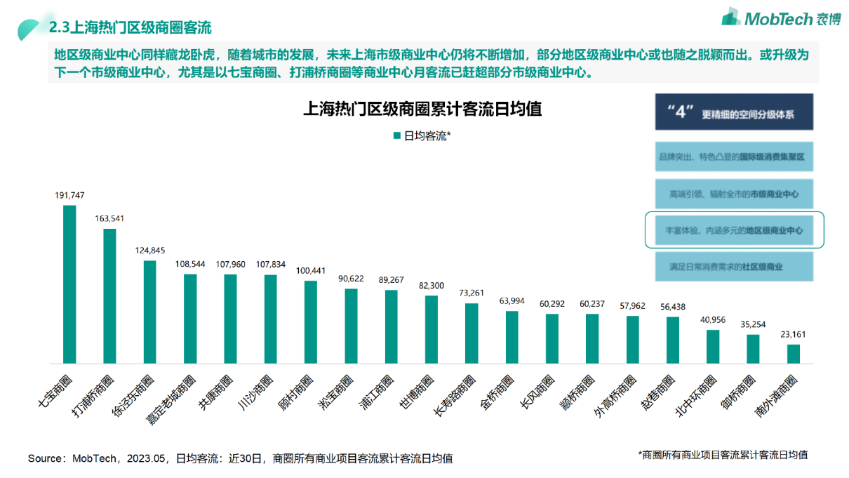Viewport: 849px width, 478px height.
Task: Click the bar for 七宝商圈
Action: [69, 284]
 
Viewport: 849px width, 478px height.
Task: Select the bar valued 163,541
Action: [109, 296]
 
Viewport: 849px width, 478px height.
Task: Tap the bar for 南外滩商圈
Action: [793, 354]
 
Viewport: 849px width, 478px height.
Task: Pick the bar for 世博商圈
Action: [432, 329]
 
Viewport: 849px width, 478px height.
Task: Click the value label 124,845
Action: [150, 251]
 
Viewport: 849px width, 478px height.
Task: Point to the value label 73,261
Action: [472, 293]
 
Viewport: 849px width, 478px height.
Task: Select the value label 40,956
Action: [713, 320]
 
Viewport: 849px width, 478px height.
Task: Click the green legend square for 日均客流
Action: [396, 135]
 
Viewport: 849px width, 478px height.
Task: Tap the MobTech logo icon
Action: [731, 17]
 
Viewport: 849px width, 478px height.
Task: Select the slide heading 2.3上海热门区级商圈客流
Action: [131, 28]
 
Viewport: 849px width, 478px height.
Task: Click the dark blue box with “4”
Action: [734, 112]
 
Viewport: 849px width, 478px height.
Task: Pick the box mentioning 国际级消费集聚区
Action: [734, 157]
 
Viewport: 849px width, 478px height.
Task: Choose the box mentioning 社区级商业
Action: [734, 267]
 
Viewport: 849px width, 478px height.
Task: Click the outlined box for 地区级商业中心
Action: [734, 230]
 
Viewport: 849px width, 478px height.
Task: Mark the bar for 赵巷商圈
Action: [673, 340]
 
